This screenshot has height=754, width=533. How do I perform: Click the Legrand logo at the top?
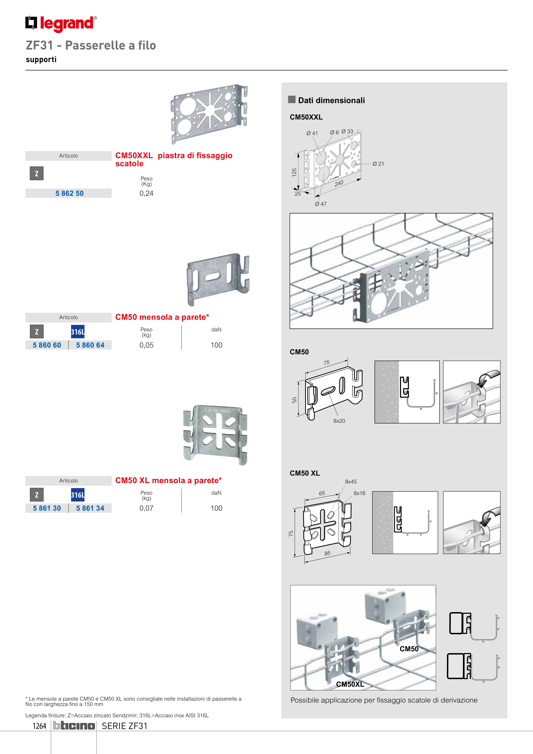click(x=61, y=24)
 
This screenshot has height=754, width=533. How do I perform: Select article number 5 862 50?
click(x=69, y=193)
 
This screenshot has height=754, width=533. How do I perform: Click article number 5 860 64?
click(x=90, y=345)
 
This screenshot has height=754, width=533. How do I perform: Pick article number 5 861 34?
click(x=90, y=508)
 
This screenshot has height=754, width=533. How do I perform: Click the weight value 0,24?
click(x=146, y=193)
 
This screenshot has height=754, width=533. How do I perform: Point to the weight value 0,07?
click(x=146, y=508)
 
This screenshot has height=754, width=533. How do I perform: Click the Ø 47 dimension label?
click(x=321, y=204)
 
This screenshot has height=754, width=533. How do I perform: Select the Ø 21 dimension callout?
click(x=378, y=164)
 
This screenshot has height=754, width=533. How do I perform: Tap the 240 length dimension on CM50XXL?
click(x=339, y=183)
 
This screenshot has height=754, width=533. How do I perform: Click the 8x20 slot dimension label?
click(x=339, y=421)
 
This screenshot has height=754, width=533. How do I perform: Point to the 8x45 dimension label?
click(x=351, y=482)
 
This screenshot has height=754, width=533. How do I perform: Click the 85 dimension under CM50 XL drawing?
click(x=327, y=553)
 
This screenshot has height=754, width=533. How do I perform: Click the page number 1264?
click(x=39, y=726)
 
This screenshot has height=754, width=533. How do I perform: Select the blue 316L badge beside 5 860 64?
click(x=77, y=332)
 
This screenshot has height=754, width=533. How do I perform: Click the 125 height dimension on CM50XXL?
click(x=294, y=172)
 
